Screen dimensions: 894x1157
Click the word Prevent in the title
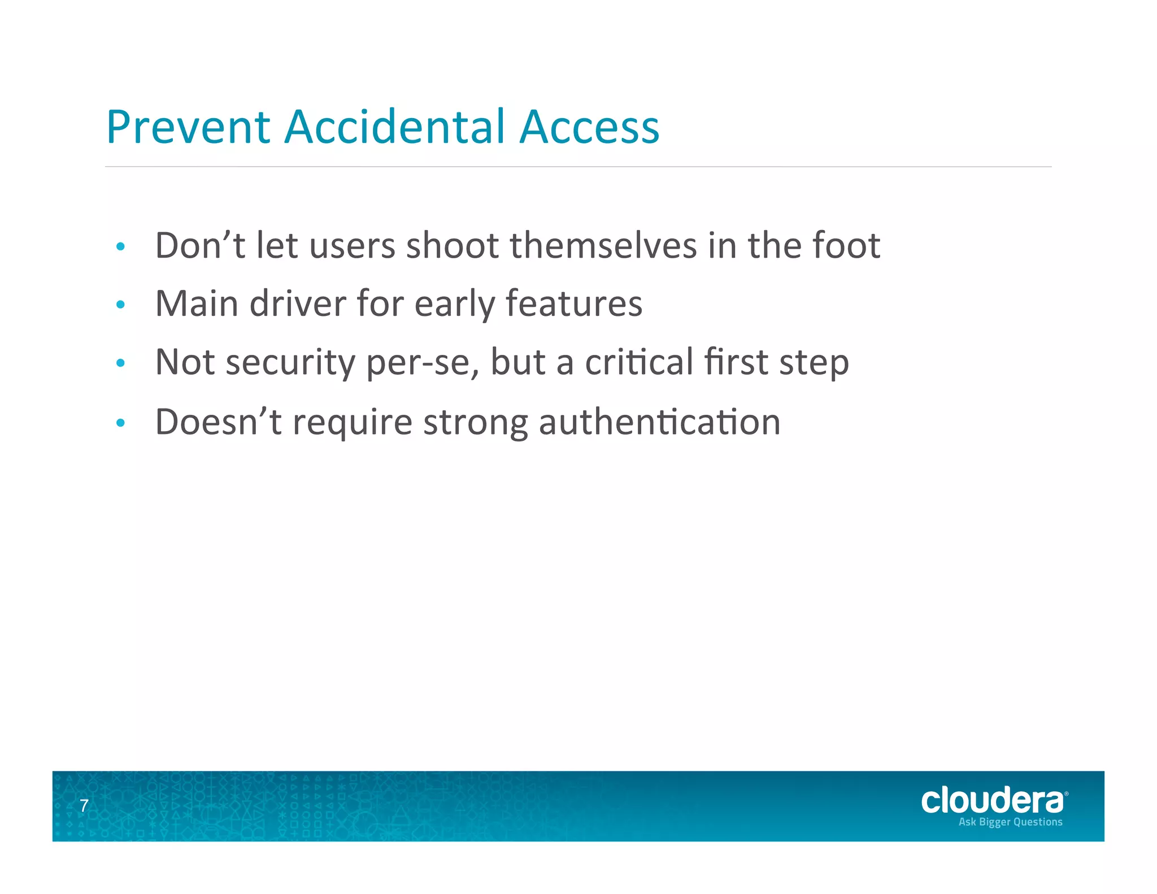click(x=188, y=127)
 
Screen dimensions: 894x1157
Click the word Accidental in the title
click(x=394, y=127)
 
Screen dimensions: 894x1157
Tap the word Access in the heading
click(x=589, y=127)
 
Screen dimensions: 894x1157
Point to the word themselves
click(x=603, y=246)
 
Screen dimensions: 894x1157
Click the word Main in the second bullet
click(x=197, y=304)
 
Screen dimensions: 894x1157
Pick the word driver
click(x=298, y=304)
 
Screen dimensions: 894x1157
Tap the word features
click(x=573, y=304)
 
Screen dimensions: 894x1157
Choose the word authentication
click(x=659, y=422)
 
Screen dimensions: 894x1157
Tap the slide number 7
click(x=84, y=806)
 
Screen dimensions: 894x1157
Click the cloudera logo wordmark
click(x=993, y=801)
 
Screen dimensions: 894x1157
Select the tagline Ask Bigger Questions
click(x=1010, y=822)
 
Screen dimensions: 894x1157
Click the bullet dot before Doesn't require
click(x=120, y=423)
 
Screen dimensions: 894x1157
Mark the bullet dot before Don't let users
click(x=120, y=247)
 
